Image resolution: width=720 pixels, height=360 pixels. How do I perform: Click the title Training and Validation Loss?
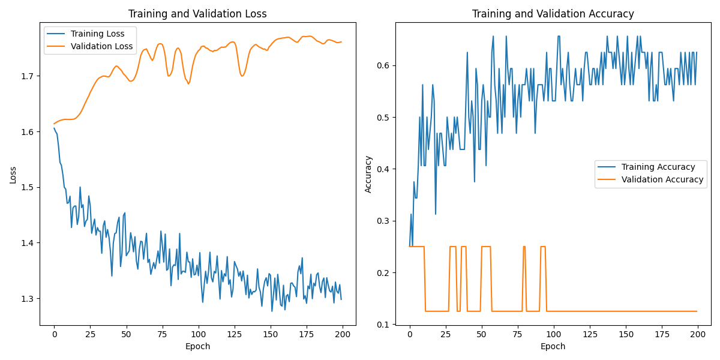198,14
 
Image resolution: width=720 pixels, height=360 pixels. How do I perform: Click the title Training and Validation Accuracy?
553,14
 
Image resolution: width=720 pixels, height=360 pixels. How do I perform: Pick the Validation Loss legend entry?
101,46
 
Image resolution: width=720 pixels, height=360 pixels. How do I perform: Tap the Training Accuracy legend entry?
658,167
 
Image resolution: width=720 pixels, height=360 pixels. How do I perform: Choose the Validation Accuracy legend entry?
662,179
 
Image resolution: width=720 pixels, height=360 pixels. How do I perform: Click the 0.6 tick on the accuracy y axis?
385,65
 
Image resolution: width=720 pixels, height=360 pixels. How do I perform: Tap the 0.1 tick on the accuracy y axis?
385,325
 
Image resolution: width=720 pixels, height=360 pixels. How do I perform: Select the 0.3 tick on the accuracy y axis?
385,221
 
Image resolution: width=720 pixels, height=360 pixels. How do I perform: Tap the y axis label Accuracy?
368,174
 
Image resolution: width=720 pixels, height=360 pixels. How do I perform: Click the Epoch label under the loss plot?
198,346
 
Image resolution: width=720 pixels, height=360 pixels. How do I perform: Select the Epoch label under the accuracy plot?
553,346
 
